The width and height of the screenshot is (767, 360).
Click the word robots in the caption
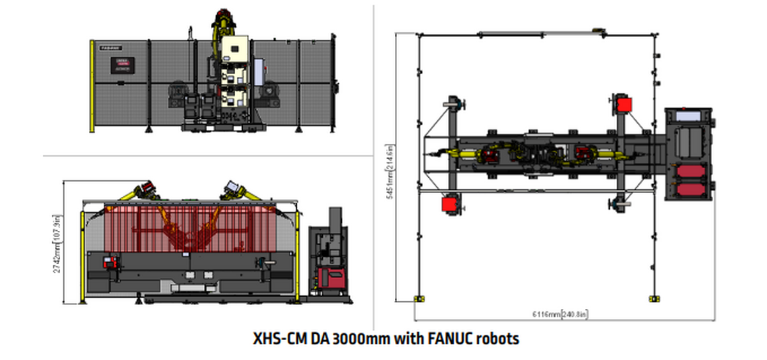499,338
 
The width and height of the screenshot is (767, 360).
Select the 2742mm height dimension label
58,243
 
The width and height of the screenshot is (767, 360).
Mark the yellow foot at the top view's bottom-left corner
419,298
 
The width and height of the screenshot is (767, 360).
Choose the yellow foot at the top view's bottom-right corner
653,298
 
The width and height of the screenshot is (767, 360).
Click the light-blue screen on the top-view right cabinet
687,116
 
